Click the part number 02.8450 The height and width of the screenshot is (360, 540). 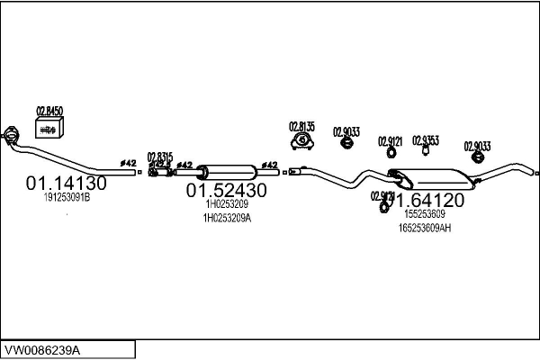pyautogui.click(x=49, y=111)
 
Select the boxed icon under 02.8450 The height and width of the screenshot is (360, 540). pyautogui.click(x=49, y=130)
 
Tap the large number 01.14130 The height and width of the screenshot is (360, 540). pyautogui.click(x=67, y=184)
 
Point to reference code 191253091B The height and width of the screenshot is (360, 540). pyautogui.click(x=67, y=198)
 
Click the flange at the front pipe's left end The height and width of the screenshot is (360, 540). pyautogui.click(x=12, y=134)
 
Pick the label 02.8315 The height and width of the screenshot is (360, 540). pyautogui.click(x=159, y=155)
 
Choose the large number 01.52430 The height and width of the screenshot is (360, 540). pyautogui.click(x=226, y=191)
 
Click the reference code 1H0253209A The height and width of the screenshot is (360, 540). pyautogui.click(x=226, y=218)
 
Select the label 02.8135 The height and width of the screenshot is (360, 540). pyautogui.click(x=301, y=125)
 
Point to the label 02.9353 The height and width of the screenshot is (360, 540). pyautogui.click(x=425, y=139)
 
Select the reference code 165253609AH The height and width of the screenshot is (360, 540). pyautogui.click(x=425, y=228)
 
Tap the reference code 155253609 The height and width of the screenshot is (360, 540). pyautogui.click(x=425, y=214)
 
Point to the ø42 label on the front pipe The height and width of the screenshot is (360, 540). pyautogui.click(x=130, y=163)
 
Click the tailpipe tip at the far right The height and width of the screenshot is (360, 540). pyautogui.click(x=536, y=172)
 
